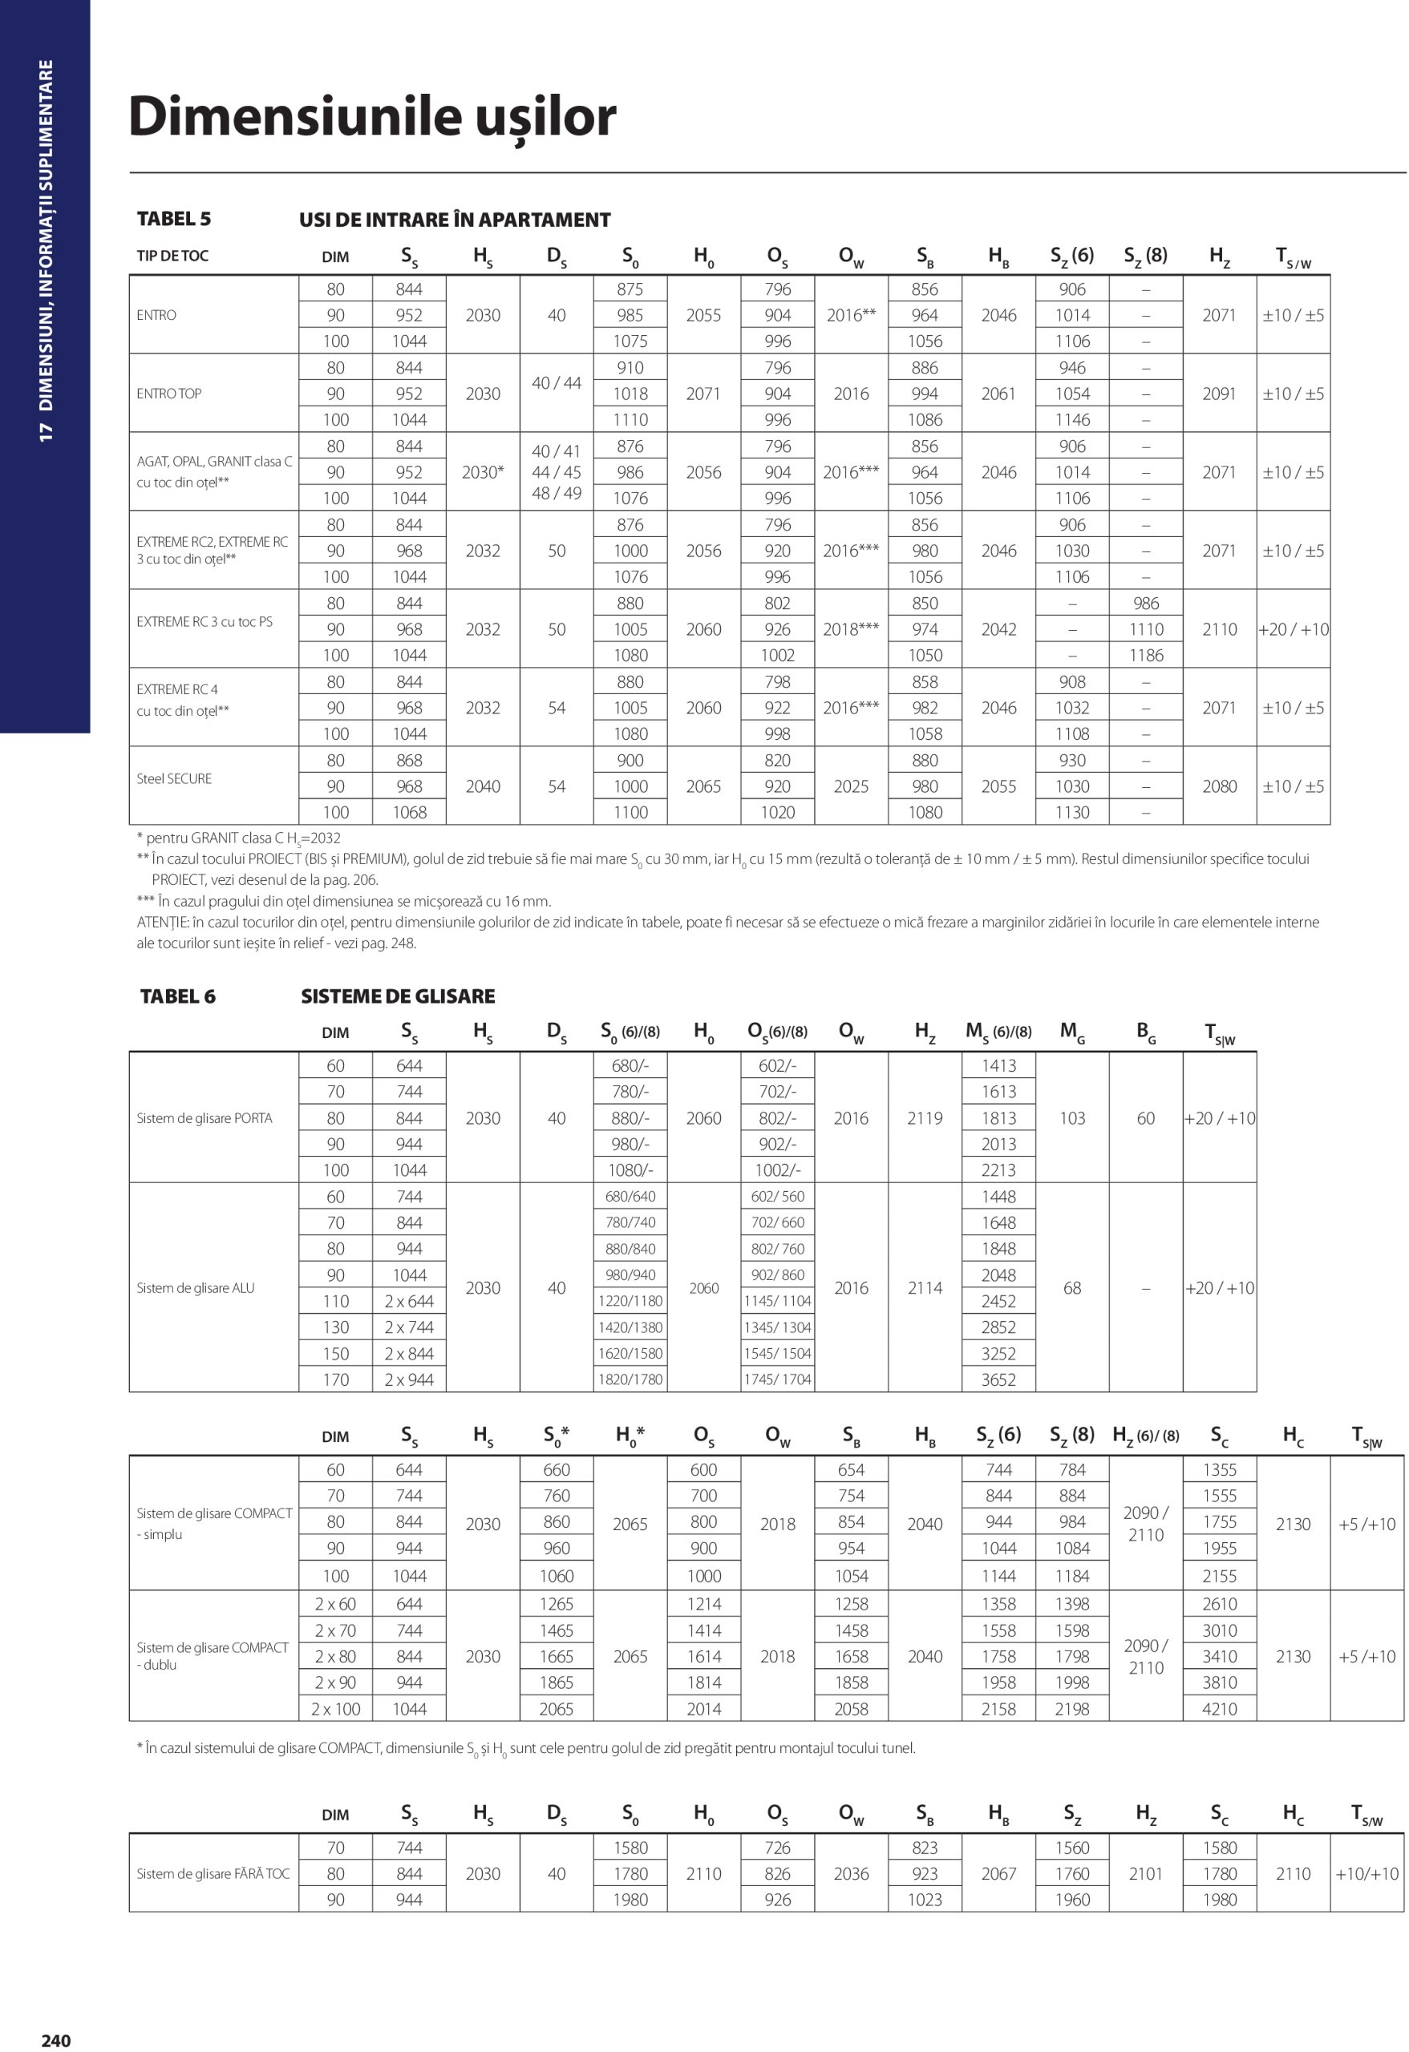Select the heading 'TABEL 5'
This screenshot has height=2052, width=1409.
(174, 219)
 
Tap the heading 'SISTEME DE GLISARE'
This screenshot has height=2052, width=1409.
(398, 996)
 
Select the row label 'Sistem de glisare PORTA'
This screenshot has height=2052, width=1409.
(204, 1118)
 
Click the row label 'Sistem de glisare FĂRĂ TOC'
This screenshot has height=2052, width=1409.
(213, 1873)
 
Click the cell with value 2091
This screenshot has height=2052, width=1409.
(1219, 394)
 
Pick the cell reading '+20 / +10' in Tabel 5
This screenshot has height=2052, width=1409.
(1294, 629)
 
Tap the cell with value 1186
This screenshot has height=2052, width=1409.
(1146, 655)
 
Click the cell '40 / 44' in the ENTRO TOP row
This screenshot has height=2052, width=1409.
(557, 383)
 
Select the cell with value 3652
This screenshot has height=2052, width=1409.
(998, 1379)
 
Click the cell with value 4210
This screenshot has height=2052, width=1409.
(1219, 1708)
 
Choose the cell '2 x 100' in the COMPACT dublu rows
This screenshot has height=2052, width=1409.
(336, 1708)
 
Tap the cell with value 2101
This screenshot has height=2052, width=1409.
(1146, 1873)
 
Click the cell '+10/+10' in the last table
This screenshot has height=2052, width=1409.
(1366, 1873)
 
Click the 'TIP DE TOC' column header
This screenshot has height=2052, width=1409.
(172, 256)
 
